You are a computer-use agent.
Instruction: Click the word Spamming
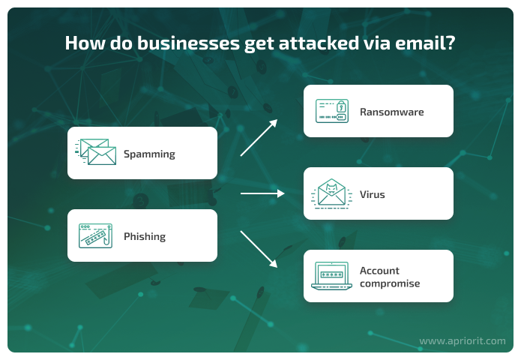149,154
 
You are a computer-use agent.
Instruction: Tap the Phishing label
145,237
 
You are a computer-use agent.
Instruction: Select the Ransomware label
392,112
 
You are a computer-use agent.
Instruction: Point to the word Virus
372,194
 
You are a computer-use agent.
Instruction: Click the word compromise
390,284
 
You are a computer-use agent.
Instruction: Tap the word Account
379,271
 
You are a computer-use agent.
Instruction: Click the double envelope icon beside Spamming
96,152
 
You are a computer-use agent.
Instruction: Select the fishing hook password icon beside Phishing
95,236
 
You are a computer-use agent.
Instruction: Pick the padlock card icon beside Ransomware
332,111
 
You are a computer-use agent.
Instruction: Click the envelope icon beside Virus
331,193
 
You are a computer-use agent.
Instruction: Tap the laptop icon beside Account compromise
331,276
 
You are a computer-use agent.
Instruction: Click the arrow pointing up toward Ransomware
259,137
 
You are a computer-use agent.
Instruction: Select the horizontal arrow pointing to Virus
262,193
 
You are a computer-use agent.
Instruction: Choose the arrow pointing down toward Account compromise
259,249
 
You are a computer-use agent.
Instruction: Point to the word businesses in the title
188,43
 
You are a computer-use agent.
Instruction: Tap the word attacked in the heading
319,43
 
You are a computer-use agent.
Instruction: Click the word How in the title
85,43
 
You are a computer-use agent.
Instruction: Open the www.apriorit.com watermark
463,341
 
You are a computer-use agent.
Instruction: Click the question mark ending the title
451,43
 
